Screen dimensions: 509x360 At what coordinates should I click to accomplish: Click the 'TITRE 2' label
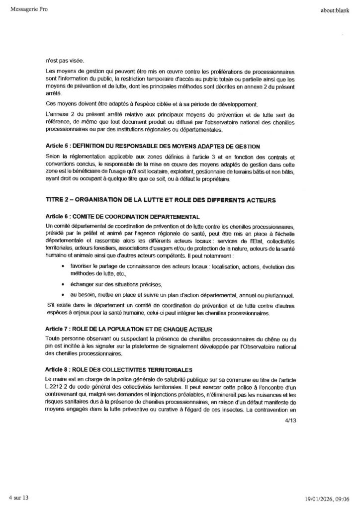click(x=59, y=199)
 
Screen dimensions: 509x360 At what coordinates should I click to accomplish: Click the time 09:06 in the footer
click(x=344, y=498)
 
